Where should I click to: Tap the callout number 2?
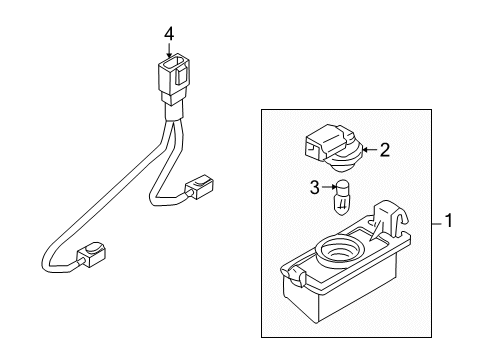point(384,151)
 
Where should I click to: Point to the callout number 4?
point(169,34)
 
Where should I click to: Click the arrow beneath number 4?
point(169,50)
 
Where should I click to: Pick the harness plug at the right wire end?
point(199,187)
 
